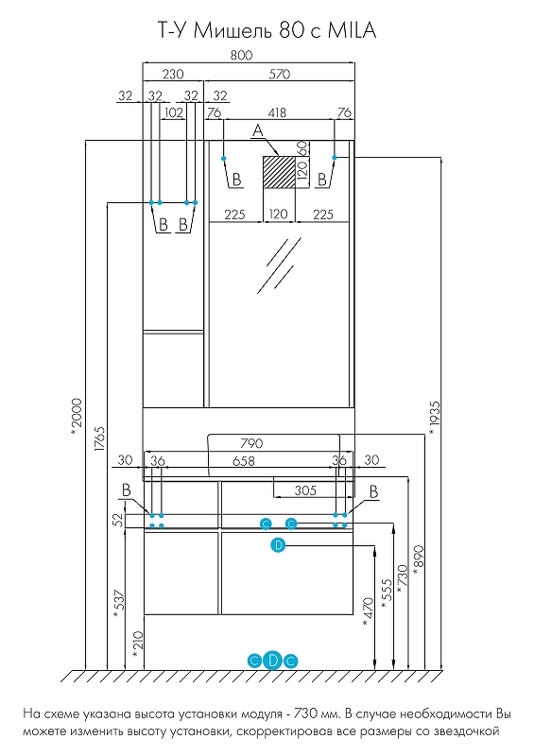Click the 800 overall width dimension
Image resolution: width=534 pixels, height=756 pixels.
coord(241,56)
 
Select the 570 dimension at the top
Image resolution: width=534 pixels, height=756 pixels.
coord(280,75)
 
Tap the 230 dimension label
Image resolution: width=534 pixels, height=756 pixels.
coord(173,75)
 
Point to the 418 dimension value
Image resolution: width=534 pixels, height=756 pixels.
coord(277,112)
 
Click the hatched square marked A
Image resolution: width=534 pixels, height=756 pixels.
coord(278,172)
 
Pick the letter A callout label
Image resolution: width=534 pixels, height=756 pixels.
coord(258,130)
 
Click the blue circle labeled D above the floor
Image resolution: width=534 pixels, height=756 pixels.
coord(272,661)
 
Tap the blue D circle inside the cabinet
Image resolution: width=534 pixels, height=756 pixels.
coord(278,545)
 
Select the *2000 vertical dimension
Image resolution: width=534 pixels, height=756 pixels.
coord(77,417)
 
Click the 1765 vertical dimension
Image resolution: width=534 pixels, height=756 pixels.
coord(100,438)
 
